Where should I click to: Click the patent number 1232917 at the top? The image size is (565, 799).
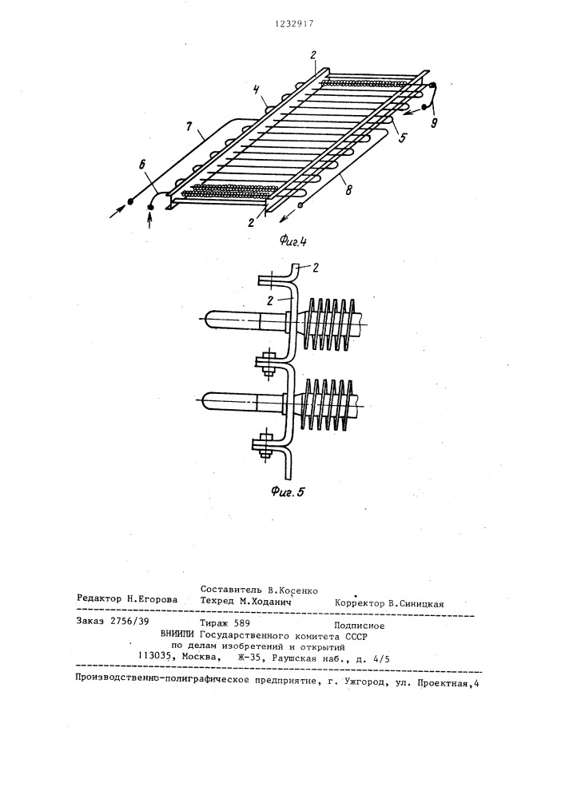pyautogui.click(x=293, y=23)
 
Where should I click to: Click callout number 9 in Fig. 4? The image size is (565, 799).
pyautogui.click(x=434, y=123)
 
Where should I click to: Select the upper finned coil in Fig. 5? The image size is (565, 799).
pyautogui.click(x=328, y=324)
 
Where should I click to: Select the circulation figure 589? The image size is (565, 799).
pyautogui.click(x=242, y=622)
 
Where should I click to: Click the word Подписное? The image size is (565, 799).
pyautogui.click(x=359, y=626)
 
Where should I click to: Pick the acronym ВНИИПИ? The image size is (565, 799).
pyautogui.click(x=177, y=634)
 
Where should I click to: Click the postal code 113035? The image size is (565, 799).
pyautogui.click(x=154, y=657)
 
